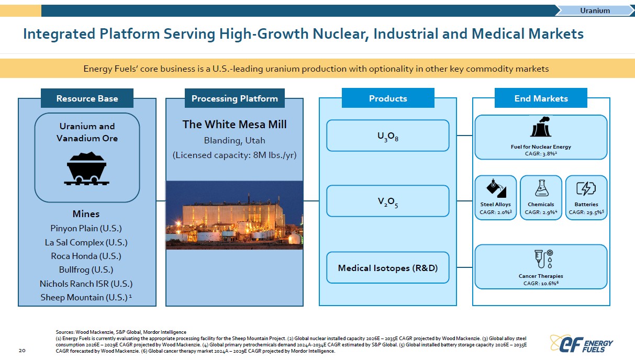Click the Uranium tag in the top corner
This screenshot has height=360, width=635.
click(x=595, y=10)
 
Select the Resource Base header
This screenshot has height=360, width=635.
click(x=87, y=98)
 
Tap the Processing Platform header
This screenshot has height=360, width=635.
click(x=235, y=98)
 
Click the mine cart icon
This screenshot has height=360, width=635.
click(x=86, y=168)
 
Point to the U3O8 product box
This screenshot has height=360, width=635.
click(x=387, y=136)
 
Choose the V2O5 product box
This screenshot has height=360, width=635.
click(x=387, y=201)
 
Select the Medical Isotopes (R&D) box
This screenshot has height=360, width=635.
click(x=387, y=268)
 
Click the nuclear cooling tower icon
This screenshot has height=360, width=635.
click(x=541, y=127)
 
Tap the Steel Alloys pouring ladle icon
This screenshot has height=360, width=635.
click(x=496, y=188)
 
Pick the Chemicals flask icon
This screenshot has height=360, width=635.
click(x=541, y=188)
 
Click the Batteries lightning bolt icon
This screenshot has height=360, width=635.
click(x=586, y=188)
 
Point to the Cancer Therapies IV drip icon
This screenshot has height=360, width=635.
click(x=543, y=258)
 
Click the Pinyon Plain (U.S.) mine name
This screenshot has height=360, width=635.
click(x=86, y=228)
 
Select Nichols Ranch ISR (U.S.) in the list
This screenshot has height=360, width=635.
click(x=86, y=284)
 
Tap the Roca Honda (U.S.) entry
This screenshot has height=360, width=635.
click(x=86, y=256)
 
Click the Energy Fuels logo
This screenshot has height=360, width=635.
click(x=581, y=344)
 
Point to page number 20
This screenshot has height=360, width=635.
click(x=22, y=351)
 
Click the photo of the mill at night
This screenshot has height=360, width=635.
click(x=235, y=215)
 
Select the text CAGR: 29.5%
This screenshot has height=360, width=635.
click(x=586, y=212)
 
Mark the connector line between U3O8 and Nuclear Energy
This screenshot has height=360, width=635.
click(x=464, y=136)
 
